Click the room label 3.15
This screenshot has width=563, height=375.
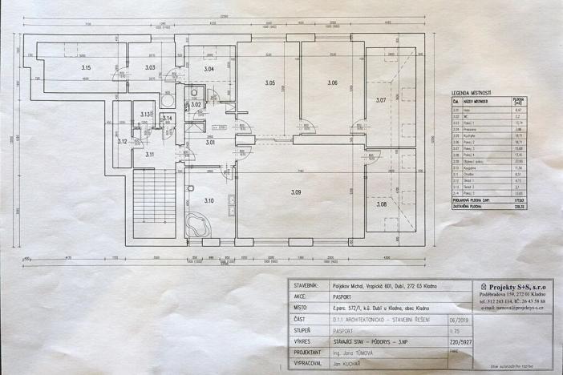(x=86, y=68)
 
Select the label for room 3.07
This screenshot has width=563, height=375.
(x=382, y=100)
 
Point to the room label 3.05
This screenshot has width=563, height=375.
(x=269, y=83)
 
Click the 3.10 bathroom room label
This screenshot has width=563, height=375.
(x=208, y=200)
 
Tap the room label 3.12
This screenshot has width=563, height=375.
(x=122, y=141)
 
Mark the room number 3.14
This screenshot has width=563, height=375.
(x=168, y=119)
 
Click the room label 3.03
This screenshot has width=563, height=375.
(x=150, y=68)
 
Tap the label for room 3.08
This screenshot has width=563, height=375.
(x=382, y=204)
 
